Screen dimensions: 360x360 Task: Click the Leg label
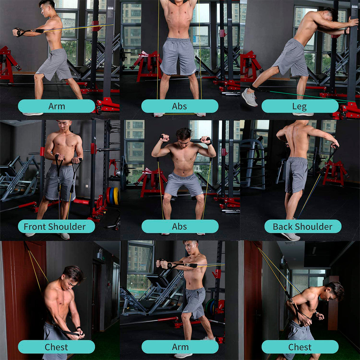tap(299, 106)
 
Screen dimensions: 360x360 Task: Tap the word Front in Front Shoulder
tap(35, 226)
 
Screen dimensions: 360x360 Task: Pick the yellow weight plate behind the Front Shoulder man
tap(117, 196)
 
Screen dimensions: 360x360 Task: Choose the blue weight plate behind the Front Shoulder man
tap(112, 196)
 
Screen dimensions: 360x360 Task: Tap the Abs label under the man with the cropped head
tap(180, 106)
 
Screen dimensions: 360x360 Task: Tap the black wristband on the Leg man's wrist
tap(346, 31)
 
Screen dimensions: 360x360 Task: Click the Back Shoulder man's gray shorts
tap(296, 175)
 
